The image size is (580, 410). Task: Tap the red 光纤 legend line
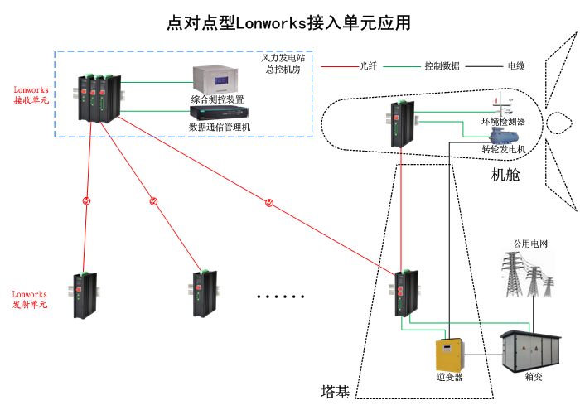pos(339,65)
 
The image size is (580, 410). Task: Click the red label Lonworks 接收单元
pos(31,94)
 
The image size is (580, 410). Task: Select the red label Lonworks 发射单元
pos(30,299)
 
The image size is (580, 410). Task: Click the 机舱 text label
pos(506,174)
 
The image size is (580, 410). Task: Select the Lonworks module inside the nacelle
pos(402,125)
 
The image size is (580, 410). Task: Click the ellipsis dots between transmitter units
pos(281,296)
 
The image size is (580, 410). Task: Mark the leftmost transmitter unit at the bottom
pos(85,294)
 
